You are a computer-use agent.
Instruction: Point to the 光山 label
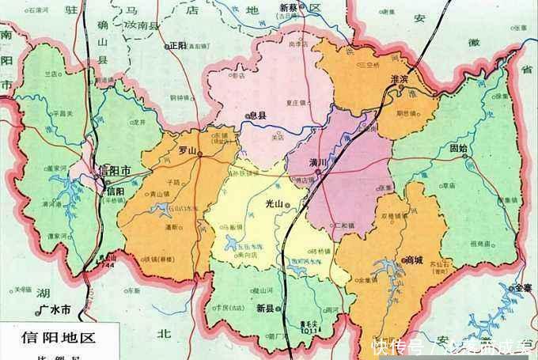(x=274, y=204)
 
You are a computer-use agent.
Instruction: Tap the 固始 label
(x=458, y=148)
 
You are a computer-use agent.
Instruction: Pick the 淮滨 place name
(x=403, y=78)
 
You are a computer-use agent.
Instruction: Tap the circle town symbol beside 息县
(x=248, y=116)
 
